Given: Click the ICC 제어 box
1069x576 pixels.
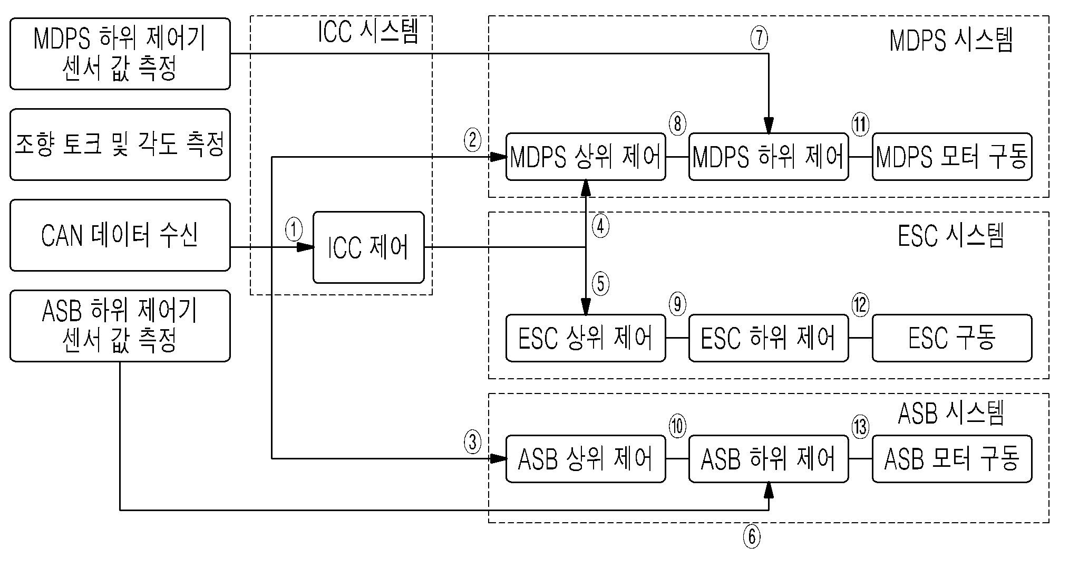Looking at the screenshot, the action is (368, 247).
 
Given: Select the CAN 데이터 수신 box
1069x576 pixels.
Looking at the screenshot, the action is (120, 235).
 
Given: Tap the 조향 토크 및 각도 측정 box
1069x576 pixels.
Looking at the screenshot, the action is (120, 145).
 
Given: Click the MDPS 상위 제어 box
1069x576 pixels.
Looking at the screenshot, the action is (586, 157).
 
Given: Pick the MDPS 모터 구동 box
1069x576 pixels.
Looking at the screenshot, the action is (952, 157).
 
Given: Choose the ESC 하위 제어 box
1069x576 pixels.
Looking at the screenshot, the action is (769, 338).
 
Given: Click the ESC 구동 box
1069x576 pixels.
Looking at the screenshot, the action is (952, 338).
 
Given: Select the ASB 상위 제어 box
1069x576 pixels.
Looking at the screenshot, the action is (586, 458).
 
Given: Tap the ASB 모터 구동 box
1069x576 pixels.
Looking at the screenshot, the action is (952, 458).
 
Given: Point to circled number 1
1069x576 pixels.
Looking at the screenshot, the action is (294, 229).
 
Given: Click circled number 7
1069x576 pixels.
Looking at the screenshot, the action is (759, 38).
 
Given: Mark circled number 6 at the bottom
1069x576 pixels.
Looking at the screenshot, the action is (752, 537).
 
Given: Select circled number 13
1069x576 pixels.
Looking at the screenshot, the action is (860, 426).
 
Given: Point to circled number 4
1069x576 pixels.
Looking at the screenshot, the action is (600, 226).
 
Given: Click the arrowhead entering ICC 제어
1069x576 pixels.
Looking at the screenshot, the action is (306, 247).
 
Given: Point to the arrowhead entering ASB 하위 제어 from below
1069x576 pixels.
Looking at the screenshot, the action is (769, 489).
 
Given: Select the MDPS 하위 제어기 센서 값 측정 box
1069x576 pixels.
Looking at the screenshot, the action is (120, 53).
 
